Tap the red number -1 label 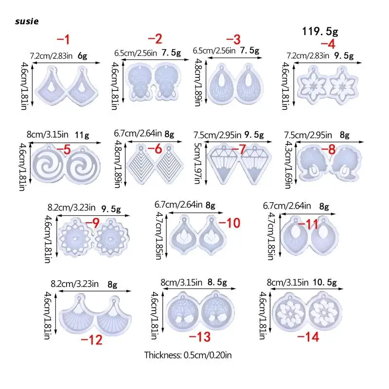(x=64, y=38)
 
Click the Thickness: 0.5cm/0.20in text (x=188, y=355)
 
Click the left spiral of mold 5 (x=49, y=165)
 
